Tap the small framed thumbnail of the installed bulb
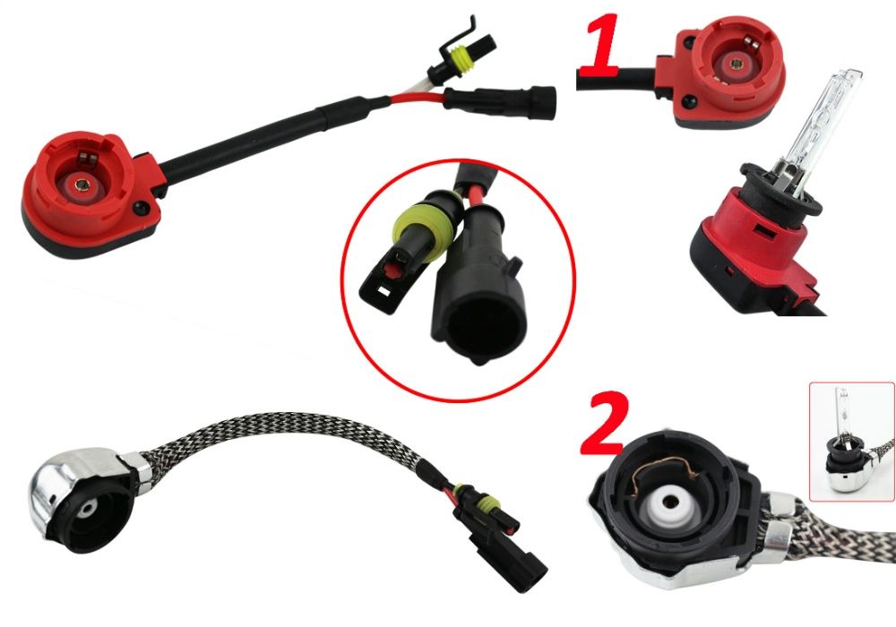[x=852, y=442]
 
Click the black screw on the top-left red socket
[x=140, y=208]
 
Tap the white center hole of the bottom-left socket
[x=89, y=509]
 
